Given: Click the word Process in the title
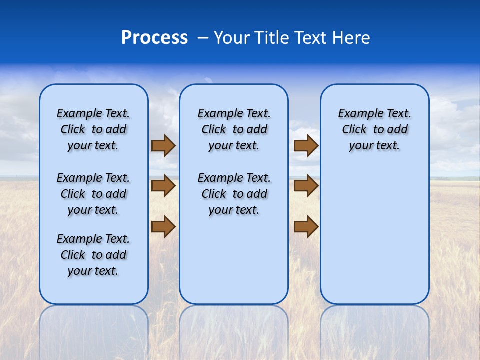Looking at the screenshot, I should click(154, 38).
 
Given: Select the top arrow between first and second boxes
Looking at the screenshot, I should click(163, 145).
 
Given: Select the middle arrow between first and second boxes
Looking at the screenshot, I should click(163, 186).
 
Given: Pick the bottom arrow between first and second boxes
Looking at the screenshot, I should click(163, 227).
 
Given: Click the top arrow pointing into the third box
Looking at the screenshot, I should click(306, 145).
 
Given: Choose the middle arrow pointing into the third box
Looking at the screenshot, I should click(306, 186).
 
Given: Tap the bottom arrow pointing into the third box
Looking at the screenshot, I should click(306, 227).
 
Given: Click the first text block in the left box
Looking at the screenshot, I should click(93, 129).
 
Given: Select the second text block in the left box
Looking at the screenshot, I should click(93, 194).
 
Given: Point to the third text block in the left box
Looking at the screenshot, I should click(93, 255).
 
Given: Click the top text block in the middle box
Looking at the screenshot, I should click(234, 129).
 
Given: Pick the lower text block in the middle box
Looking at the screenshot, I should click(234, 194).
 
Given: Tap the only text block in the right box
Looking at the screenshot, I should click(374, 129).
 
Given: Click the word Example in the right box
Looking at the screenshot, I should click(358, 114).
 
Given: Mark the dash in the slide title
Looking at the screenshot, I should click(203, 38).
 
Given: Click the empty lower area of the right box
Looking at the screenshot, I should click(374, 240).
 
